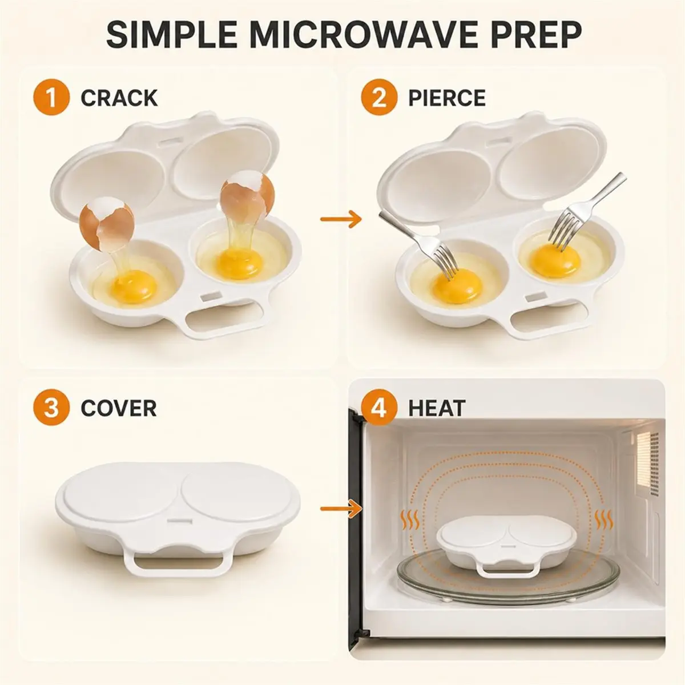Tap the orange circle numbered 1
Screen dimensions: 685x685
coord(51,98)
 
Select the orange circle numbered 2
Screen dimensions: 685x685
coord(379,98)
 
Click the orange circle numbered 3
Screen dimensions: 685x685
coord(51,408)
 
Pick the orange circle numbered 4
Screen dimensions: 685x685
coord(379,408)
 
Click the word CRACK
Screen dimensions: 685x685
coord(119,98)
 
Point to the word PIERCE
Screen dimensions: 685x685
coord(447,98)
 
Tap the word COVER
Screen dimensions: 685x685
coord(119,409)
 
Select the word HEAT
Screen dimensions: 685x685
coord(437,409)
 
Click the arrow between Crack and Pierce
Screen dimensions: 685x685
coord(341,219)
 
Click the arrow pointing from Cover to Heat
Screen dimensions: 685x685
coord(341,509)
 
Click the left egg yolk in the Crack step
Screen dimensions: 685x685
coord(134,287)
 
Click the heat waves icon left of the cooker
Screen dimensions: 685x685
coord(409,521)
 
